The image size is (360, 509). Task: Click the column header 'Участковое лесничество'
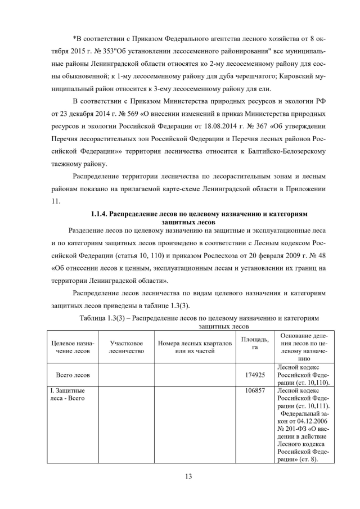pos(126,346)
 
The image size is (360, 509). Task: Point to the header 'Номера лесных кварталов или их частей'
pos(195,346)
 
